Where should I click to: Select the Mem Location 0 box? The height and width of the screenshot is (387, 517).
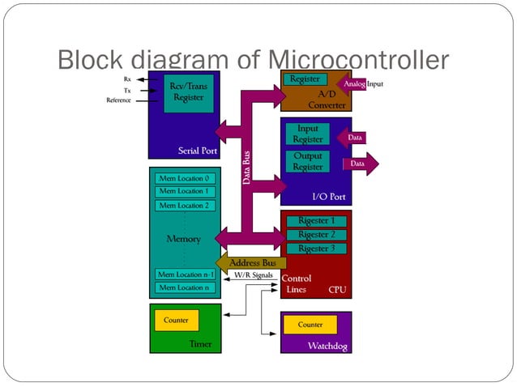(x=184, y=177)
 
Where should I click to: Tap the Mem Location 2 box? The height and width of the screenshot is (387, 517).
(x=184, y=206)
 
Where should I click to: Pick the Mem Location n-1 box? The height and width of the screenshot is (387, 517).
(x=185, y=274)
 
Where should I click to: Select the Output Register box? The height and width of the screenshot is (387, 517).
(x=308, y=161)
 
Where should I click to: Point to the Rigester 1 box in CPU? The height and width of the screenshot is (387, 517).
(x=316, y=221)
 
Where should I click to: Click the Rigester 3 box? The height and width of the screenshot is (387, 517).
(x=316, y=249)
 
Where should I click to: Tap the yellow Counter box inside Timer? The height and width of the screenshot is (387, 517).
(x=176, y=321)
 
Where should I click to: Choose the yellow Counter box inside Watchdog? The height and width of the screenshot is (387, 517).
(x=310, y=325)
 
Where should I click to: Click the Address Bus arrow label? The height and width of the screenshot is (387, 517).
(x=251, y=263)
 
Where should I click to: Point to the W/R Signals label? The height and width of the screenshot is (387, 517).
(x=253, y=275)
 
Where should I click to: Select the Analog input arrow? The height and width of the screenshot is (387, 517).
(x=353, y=84)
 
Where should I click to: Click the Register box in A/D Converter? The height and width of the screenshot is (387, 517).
(x=305, y=79)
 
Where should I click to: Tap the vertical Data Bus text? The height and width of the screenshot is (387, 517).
(x=247, y=167)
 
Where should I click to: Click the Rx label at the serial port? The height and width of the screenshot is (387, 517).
(x=128, y=79)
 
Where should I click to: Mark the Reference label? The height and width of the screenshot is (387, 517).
(x=119, y=100)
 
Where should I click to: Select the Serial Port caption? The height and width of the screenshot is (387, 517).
(x=196, y=151)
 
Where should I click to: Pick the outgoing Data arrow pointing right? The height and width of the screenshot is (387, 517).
(x=360, y=164)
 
